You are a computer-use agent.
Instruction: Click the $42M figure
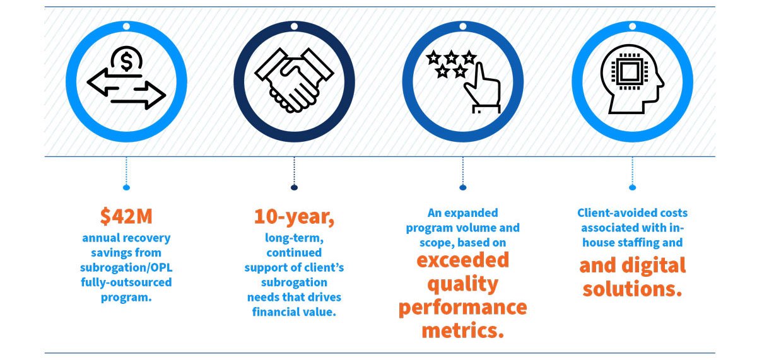(126, 216)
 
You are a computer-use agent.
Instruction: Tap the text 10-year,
(294, 216)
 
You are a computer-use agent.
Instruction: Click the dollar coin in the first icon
(126, 62)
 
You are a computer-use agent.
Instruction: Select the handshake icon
(294, 81)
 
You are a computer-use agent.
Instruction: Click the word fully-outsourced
(126, 282)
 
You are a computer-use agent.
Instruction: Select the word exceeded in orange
(462, 259)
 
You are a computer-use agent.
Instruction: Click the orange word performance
(462, 307)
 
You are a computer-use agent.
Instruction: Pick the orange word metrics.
(462, 330)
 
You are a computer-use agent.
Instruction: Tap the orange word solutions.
(633, 289)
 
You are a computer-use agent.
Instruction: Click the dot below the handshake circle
(294, 187)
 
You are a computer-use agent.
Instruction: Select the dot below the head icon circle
(633, 187)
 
